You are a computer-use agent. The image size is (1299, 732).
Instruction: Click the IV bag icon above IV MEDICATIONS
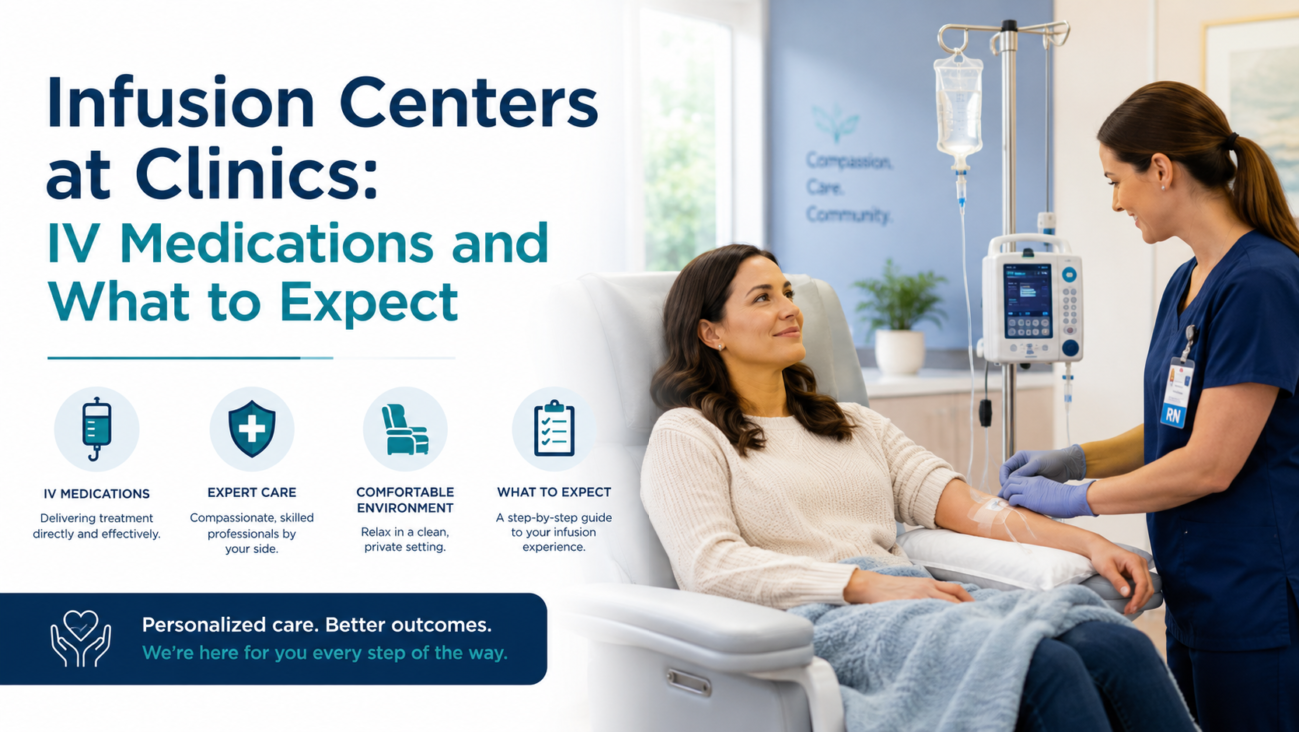point(96,429)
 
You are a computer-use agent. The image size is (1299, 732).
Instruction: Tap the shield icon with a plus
point(252,429)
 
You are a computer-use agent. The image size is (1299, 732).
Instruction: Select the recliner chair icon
point(405,429)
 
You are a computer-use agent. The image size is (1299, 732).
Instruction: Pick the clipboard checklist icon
point(554,428)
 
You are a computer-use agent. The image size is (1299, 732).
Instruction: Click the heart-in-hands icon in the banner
point(81,638)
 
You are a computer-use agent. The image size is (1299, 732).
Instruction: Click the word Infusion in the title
point(180,101)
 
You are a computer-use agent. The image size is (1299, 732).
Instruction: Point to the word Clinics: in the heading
point(257,173)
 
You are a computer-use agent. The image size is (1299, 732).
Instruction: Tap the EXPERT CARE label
point(252,492)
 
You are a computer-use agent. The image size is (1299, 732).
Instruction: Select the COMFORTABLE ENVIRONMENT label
point(405,500)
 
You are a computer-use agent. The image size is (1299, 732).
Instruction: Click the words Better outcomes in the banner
point(408,625)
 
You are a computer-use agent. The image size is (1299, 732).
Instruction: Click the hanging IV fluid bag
point(958,107)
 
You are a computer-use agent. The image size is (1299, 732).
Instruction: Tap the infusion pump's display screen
point(1027,301)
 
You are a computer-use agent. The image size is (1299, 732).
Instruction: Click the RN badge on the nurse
point(1173,416)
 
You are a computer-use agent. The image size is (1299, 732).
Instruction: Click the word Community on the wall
point(848,215)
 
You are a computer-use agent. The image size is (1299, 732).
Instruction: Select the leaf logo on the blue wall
point(835,122)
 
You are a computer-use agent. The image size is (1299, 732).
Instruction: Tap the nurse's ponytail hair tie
point(1230,141)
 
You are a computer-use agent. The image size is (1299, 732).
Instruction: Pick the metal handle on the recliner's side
point(688,683)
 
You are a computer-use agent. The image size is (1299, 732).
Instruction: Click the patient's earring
point(720,347)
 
